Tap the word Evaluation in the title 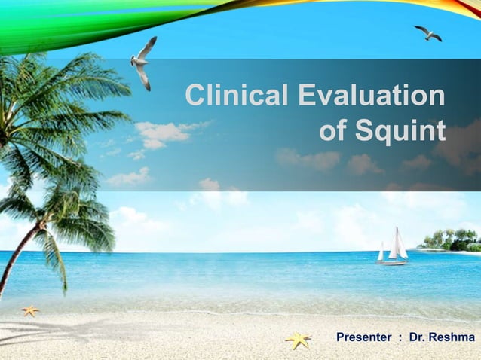tap(372, 96)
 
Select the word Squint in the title tap(401, 131)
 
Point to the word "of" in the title tap(334, 131)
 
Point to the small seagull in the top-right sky tap(428, 33)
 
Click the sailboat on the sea tap(393, 249)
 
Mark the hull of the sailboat tap(392, 262)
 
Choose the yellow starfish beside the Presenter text tap(299, 340)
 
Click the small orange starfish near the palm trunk tap(30, 310)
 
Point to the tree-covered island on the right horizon tap(452, 241)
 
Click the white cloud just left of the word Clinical tap(161, 133)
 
